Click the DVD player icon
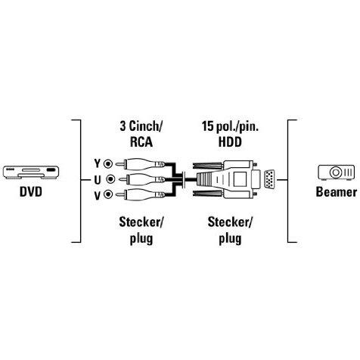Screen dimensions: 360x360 31,172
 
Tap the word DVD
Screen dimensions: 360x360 31,192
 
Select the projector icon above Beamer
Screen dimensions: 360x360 336,172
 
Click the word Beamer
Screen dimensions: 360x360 337,192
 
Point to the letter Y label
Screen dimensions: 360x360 98,163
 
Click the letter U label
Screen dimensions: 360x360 98,180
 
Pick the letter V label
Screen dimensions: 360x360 98,195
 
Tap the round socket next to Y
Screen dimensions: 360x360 109,164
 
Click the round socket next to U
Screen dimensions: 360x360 110,179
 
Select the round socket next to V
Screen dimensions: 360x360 109,194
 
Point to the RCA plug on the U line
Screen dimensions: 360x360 141,179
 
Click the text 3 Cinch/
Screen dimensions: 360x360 141,126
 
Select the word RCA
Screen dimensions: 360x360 141,141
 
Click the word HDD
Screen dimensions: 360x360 230,141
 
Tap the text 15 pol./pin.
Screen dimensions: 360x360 230,126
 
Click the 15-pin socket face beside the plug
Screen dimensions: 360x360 269,179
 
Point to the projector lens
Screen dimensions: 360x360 336,172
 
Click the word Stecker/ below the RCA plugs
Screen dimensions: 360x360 141,222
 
